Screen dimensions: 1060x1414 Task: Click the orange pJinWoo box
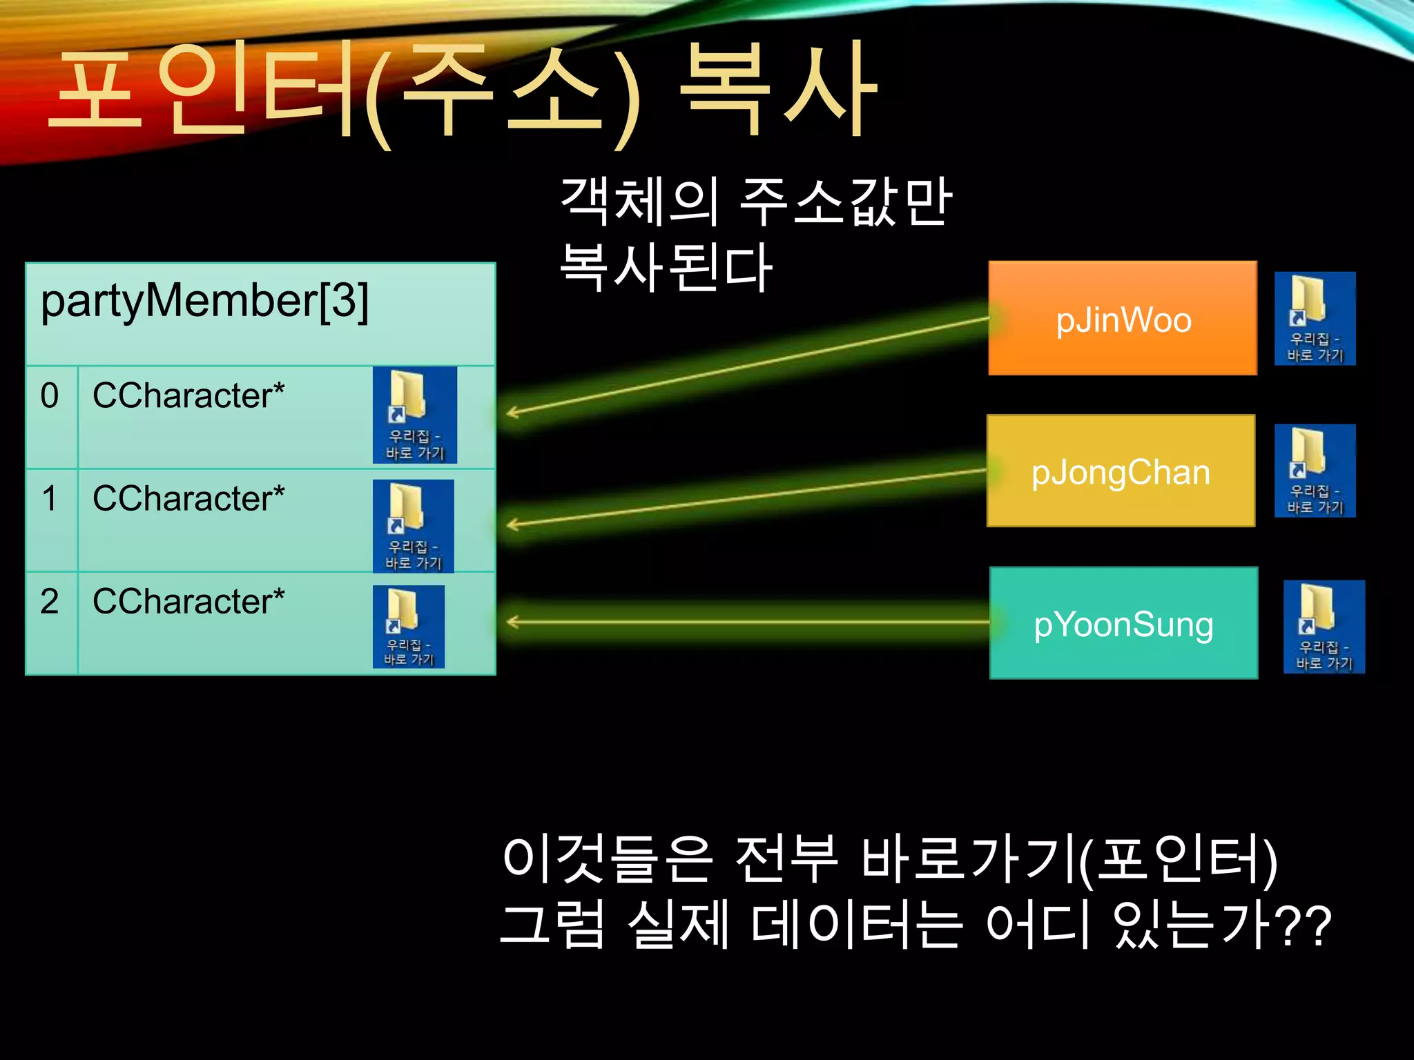[x=1122, y=318]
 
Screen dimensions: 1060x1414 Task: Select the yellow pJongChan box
[x=1121, y=471]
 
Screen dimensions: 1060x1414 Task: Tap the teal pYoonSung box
[x=1123, y=623]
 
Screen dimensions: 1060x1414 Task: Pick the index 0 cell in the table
[x=50, y=416]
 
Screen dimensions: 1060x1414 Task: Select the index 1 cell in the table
[x=50, y=520]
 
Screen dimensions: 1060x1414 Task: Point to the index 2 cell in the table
[x=50, y=622]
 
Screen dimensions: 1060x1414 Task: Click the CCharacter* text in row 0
[x=188, y=396]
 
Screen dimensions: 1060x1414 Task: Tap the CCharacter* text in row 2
[x=188, y=602]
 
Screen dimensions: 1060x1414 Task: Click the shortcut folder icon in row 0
[x=414, y=415]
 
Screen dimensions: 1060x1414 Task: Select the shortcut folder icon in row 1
[x=413, y=526]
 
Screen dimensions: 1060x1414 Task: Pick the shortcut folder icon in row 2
[x=408, y=627]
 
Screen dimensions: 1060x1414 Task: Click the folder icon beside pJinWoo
[x=1315, y=318]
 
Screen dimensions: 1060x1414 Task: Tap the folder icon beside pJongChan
[x=1315, y=471]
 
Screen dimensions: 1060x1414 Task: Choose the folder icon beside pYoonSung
[x=1324, y=627]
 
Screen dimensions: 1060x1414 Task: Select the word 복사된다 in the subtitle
[x=666, y=268]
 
